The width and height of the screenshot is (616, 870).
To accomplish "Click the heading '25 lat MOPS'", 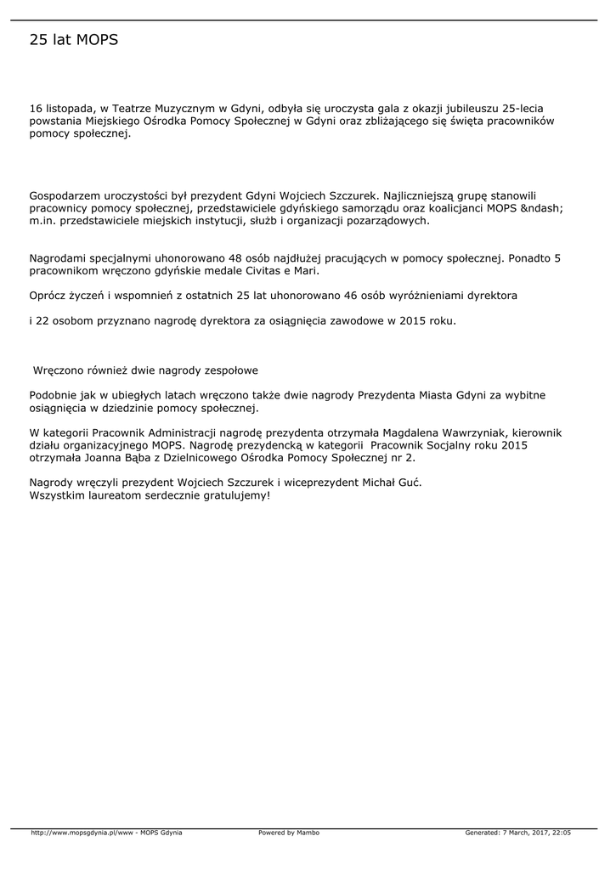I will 74,40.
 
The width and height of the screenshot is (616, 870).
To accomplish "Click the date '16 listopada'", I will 60,109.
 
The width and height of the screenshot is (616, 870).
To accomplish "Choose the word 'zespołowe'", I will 230,370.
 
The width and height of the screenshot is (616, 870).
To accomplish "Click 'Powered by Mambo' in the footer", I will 289,833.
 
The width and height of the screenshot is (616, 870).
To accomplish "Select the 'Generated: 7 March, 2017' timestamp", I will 505,833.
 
